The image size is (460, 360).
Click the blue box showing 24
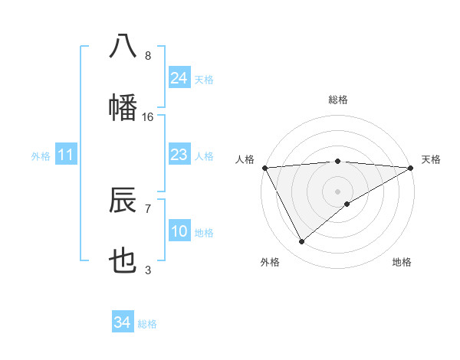179,77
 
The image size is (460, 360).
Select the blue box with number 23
179,155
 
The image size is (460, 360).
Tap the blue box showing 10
179,231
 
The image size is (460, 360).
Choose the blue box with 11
66,155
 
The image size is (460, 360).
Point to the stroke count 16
148,117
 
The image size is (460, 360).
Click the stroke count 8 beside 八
148,56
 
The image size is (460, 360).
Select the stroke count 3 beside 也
148,270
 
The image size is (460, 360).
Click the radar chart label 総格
337,100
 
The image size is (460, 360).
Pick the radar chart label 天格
431,159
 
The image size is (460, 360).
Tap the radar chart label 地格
402,262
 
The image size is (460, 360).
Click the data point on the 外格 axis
301,242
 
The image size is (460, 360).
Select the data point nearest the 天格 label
411,167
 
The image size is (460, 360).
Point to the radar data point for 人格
264,167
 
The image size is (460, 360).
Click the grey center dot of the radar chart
337,191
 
